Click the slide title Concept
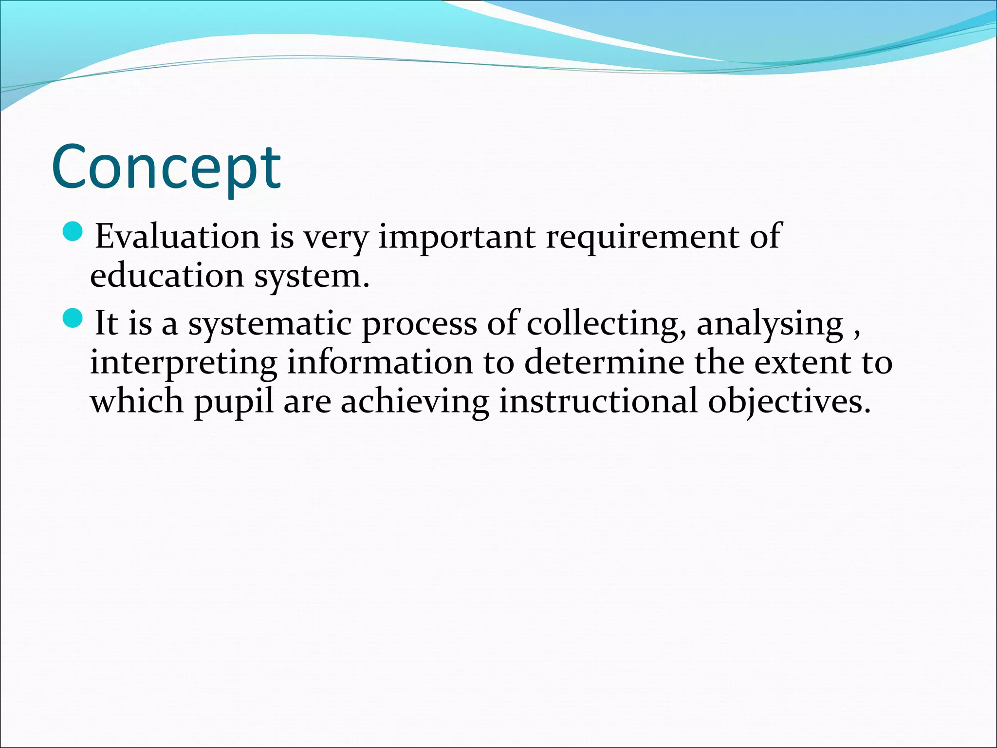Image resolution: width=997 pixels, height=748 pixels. coord(166,167)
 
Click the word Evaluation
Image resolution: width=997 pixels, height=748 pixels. coord(177,237)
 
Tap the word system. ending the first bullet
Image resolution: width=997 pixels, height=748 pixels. coord(312,277)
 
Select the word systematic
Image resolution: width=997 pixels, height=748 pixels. coord(270,324)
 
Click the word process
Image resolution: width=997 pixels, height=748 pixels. coord(419,324)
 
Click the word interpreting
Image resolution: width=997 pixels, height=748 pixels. coord(184,363)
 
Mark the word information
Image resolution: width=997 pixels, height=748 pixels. coord(380,363)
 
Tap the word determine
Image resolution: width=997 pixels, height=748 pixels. coord(604,363)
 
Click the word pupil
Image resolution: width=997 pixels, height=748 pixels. coord(234,402)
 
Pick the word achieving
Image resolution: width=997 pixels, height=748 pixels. coord(414,402)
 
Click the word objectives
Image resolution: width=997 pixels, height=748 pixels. coord(789,402)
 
